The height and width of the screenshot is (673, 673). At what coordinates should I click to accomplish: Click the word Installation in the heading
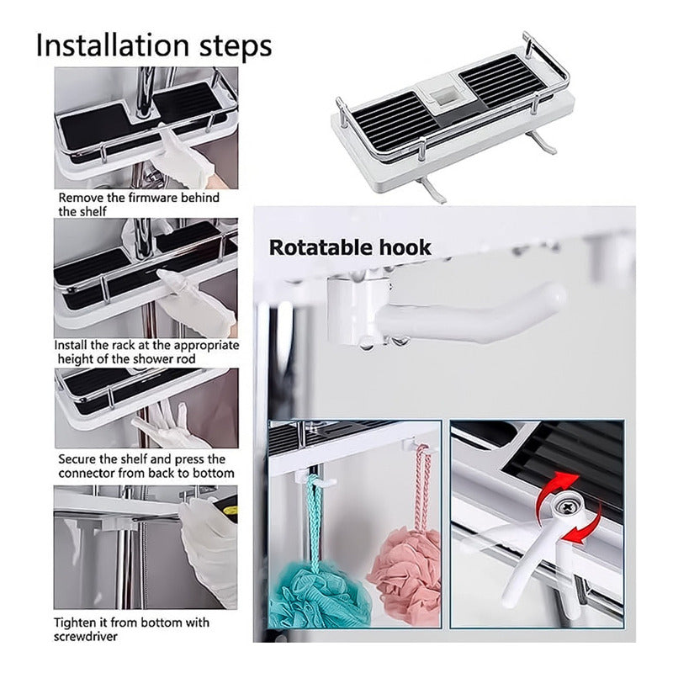(113, 45)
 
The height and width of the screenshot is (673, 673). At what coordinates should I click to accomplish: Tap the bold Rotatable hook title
(350, 247)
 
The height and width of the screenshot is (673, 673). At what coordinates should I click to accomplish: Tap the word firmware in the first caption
(153, 198)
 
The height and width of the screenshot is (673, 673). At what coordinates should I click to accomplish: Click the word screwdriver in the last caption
(86, 636)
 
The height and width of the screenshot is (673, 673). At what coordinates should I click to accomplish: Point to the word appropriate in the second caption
(206, 346)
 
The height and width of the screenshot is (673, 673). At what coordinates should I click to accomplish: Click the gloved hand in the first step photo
(183, 159)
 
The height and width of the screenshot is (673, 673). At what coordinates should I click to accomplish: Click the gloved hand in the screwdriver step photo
(209, 554)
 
